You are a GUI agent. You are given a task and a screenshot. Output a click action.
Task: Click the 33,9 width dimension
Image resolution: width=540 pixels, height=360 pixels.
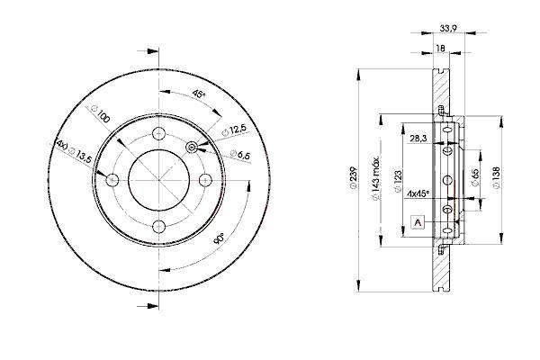[448, 29]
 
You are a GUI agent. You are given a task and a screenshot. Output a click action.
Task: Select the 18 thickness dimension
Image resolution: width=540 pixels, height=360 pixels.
[440, 49]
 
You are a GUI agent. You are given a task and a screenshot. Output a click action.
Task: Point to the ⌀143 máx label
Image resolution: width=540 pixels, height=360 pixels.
[375, 179]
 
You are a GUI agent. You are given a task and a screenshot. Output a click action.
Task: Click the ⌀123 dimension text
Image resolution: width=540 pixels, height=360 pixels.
[398, 181]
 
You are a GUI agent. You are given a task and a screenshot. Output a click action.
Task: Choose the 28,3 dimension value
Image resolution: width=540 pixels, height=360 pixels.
[418, 139]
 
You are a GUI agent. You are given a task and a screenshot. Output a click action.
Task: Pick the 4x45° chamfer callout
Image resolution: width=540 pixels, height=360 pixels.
[418, 193]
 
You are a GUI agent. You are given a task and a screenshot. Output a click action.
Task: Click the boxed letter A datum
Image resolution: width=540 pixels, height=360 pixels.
[418, 222]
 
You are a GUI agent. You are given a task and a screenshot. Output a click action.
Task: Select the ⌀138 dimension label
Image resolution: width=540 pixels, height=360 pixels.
[496, 177]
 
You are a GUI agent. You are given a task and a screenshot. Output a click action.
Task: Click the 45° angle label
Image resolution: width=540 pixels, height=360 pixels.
[199, 94]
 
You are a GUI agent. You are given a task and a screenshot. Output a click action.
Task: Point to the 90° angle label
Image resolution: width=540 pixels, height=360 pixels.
[219, 238]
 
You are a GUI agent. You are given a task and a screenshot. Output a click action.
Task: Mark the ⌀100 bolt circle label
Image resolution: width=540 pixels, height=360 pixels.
[100, 114]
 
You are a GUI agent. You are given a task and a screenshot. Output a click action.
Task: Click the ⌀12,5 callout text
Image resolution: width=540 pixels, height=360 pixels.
[235, 130]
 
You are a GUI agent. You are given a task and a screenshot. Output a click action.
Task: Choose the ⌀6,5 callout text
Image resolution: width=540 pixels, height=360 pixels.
[240, 155]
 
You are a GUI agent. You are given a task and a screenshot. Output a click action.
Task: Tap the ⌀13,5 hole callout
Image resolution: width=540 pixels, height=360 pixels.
[75, 151]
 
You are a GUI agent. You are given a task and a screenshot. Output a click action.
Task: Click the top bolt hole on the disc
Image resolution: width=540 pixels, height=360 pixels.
[158, 133]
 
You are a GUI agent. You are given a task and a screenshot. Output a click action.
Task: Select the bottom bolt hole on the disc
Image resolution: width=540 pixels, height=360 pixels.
[158, 227]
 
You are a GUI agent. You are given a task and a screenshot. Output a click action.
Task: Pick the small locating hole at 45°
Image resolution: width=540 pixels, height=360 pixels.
[192, 148]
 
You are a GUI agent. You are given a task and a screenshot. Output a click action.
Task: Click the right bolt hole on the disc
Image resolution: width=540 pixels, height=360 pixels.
[205, 180]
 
